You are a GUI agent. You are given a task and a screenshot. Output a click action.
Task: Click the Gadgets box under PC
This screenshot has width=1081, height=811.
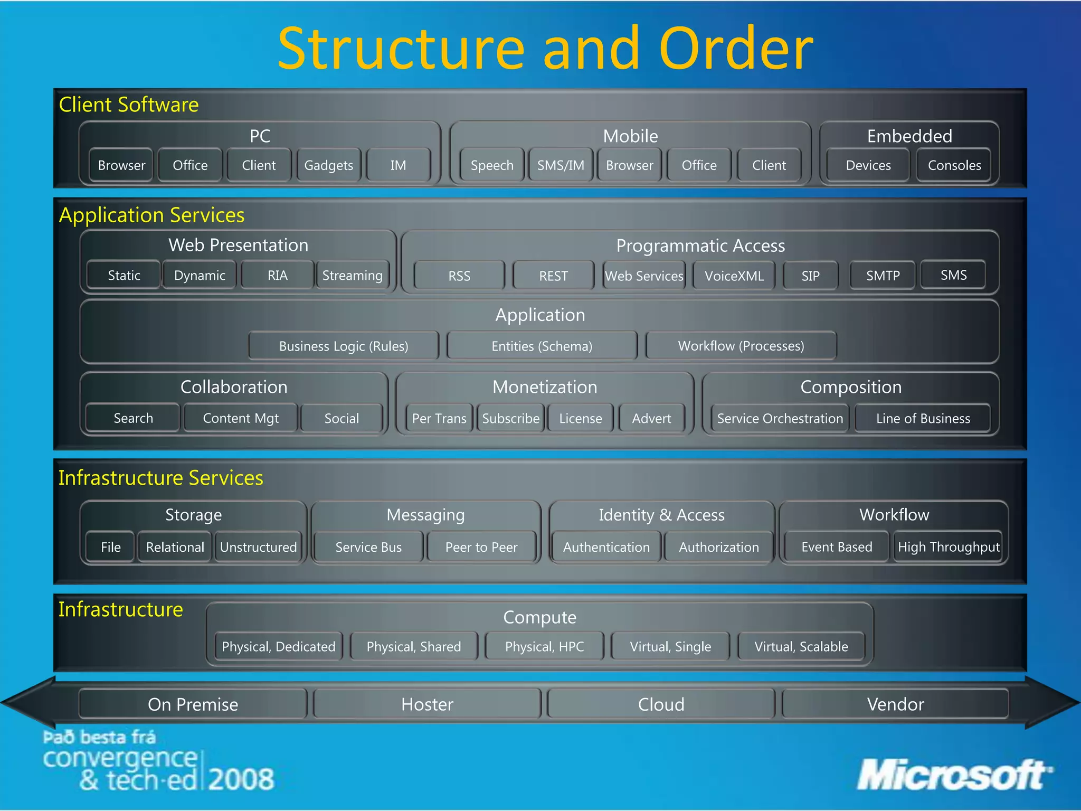(329, 165)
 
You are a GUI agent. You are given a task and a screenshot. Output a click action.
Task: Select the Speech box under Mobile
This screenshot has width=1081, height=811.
(492, 165)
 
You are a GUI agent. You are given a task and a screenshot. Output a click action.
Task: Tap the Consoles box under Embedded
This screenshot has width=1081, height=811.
(954, 165)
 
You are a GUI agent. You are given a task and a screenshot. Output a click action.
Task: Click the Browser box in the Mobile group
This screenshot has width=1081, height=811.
(629, 165)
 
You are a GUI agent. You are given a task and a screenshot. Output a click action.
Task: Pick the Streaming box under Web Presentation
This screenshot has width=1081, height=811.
(352, 275)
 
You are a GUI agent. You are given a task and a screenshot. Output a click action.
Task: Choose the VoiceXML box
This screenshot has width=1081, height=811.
(734, 276)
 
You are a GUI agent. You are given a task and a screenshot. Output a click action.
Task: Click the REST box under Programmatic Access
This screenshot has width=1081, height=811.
(553, 276)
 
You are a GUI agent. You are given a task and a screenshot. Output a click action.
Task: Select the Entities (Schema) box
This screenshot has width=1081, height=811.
(542, 346)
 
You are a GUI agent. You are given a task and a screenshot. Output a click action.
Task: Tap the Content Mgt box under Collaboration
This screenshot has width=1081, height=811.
(241, 418)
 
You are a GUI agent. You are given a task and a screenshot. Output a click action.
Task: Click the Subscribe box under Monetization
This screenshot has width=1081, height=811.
(510, 418)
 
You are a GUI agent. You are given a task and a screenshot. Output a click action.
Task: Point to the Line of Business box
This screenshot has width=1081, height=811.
(923, 418)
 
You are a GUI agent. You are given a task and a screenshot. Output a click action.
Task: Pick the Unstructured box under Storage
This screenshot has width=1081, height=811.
(258, 547)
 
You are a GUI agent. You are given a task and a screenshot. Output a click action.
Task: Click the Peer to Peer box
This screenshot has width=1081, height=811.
(481, 547)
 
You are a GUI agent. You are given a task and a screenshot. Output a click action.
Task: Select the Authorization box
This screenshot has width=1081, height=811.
(719, 547)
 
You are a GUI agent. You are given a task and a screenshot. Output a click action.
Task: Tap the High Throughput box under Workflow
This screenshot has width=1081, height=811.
(949, 547)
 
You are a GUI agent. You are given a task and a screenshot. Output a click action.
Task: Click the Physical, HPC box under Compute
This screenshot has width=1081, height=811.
(544, 646)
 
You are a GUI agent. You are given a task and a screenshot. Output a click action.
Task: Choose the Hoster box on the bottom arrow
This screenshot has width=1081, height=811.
(427, 704)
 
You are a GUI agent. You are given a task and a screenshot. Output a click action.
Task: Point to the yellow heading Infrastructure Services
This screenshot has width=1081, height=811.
(160, 477)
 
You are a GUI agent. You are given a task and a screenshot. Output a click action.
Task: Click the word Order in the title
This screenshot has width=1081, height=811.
(736, 49)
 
